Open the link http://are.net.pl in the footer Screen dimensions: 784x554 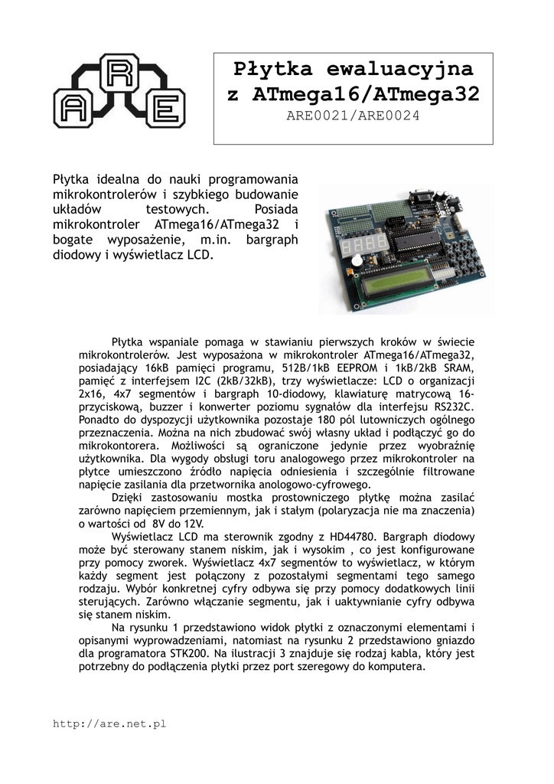tap(109, 723)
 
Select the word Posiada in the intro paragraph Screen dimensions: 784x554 tap(275, 208)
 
